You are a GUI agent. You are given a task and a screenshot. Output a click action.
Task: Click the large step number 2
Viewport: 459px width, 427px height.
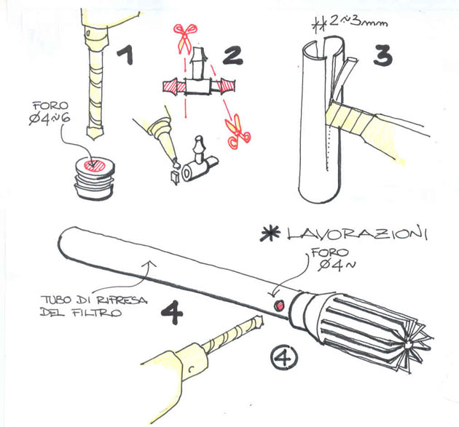(x=233, y=56)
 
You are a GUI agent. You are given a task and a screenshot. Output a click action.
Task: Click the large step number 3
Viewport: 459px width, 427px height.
(x=383, y=55)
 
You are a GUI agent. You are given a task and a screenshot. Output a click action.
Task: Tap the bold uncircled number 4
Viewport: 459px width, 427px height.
(x=172, y=313)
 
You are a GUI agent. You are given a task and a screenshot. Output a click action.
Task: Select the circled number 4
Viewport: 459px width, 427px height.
(x=283, y=356)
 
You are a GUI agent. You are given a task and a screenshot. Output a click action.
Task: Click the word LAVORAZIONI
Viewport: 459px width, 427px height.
(x=357, y=233)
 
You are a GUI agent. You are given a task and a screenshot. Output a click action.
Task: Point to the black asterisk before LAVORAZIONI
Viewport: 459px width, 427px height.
(x=270, y=234)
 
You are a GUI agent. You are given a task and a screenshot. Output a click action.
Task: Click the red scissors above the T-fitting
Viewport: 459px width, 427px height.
(x=185, y=38)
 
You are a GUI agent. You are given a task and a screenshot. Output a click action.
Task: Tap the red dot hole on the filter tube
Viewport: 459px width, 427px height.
(x=279, y=306)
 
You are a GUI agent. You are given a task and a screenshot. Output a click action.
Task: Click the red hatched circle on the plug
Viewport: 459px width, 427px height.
(x=94, y=165)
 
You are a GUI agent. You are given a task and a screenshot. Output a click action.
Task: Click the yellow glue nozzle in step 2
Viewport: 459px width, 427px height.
(x=165, y=139)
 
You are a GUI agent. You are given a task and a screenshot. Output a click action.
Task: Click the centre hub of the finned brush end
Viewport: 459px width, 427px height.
(x=407, y=346)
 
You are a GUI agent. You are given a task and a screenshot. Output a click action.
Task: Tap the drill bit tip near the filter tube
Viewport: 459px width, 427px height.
(x=259, y=321)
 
